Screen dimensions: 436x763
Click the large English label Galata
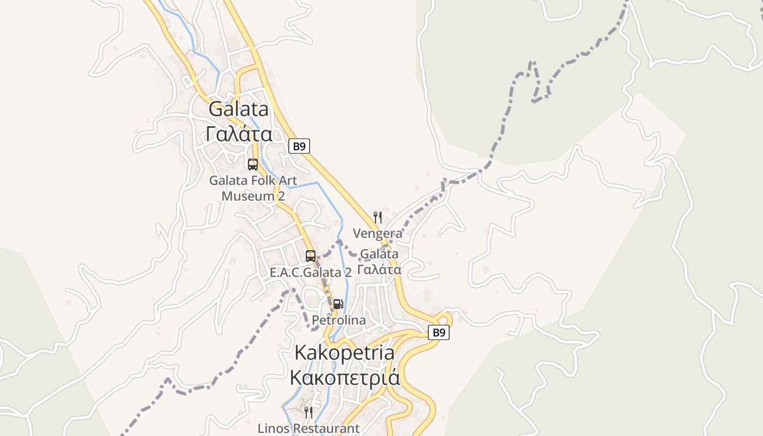pos(239,109)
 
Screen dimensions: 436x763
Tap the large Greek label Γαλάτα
pos(239,133)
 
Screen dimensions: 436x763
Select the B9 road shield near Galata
pos(299,146)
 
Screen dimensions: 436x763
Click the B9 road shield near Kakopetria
pos(439,332)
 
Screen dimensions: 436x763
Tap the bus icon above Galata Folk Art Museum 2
pos(253,164)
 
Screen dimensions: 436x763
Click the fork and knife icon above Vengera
pos(377,217)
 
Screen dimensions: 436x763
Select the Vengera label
pos(378,234)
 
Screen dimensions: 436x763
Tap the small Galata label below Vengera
pos(379,254)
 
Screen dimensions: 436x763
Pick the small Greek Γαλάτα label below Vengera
pos(379,269)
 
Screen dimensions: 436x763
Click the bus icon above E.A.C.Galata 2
pos(311,256)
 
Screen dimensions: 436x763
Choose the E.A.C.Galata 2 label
pos(311,272)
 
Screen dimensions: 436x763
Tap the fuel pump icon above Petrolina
pos(338,304)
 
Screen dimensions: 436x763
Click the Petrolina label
pos(338,320)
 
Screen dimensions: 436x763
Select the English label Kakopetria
pos(344,353)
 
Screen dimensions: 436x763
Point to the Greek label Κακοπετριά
pos(344,377)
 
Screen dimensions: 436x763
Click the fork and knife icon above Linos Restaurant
pos(308,413)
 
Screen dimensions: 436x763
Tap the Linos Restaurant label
pos(308,428)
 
